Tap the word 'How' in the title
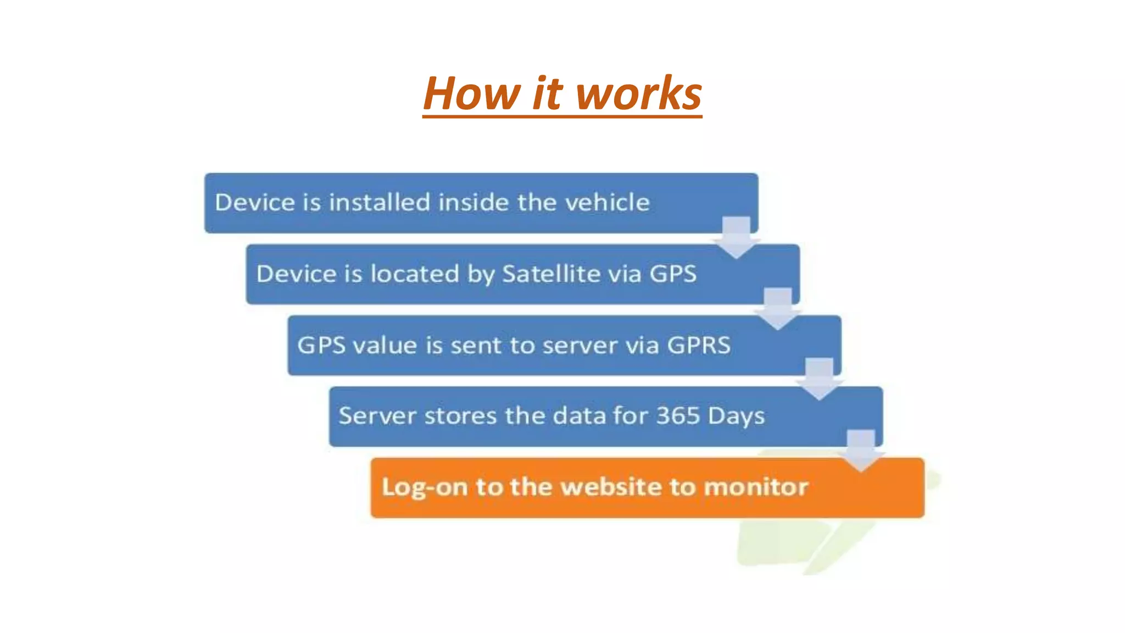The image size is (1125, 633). click(x=471, y=93)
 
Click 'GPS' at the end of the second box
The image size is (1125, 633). click(x=673, y=274)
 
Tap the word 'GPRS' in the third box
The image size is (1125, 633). click(x=698, y=345)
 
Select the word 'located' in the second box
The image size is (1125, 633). click(x=415, y=274)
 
